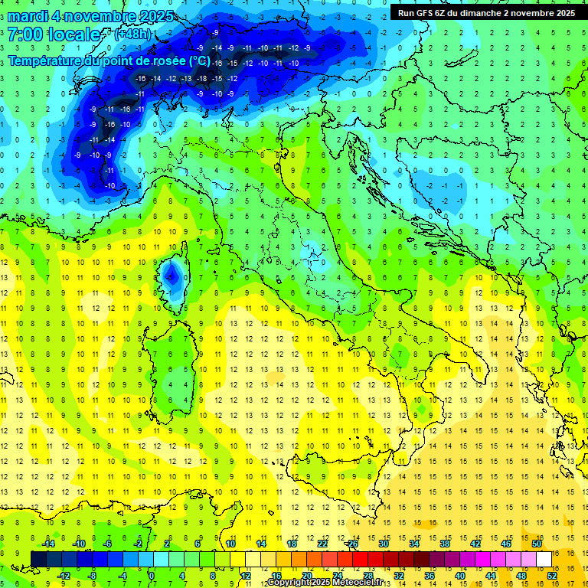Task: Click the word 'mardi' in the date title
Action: [x=28, y=16]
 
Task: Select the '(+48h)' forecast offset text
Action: [x=132, y=34]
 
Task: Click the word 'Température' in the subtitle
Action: [x=47, y=60]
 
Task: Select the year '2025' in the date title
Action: [x=152, y=16]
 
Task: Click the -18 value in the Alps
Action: [x=201, y=79]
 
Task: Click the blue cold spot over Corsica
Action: [x=172, y=272]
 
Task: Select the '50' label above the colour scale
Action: [x=536, y=544]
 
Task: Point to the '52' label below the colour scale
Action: [x=552, y=576]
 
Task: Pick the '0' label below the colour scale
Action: [x=152, y=576]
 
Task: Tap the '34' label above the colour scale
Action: [x=414, y=544]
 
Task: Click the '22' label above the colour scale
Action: [x=322, y=544]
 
